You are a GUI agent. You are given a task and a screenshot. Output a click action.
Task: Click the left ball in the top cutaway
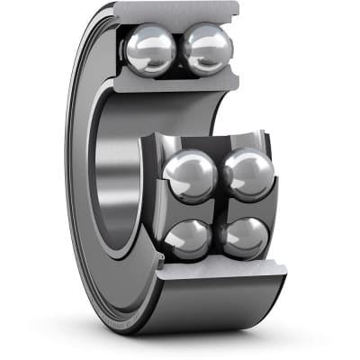click(150, 50)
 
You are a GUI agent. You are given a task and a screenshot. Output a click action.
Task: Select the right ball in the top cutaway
click(208, 49)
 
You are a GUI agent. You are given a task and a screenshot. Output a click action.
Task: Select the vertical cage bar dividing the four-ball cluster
click(217, 207)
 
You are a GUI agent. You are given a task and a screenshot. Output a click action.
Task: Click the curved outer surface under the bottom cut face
click(216, 306)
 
